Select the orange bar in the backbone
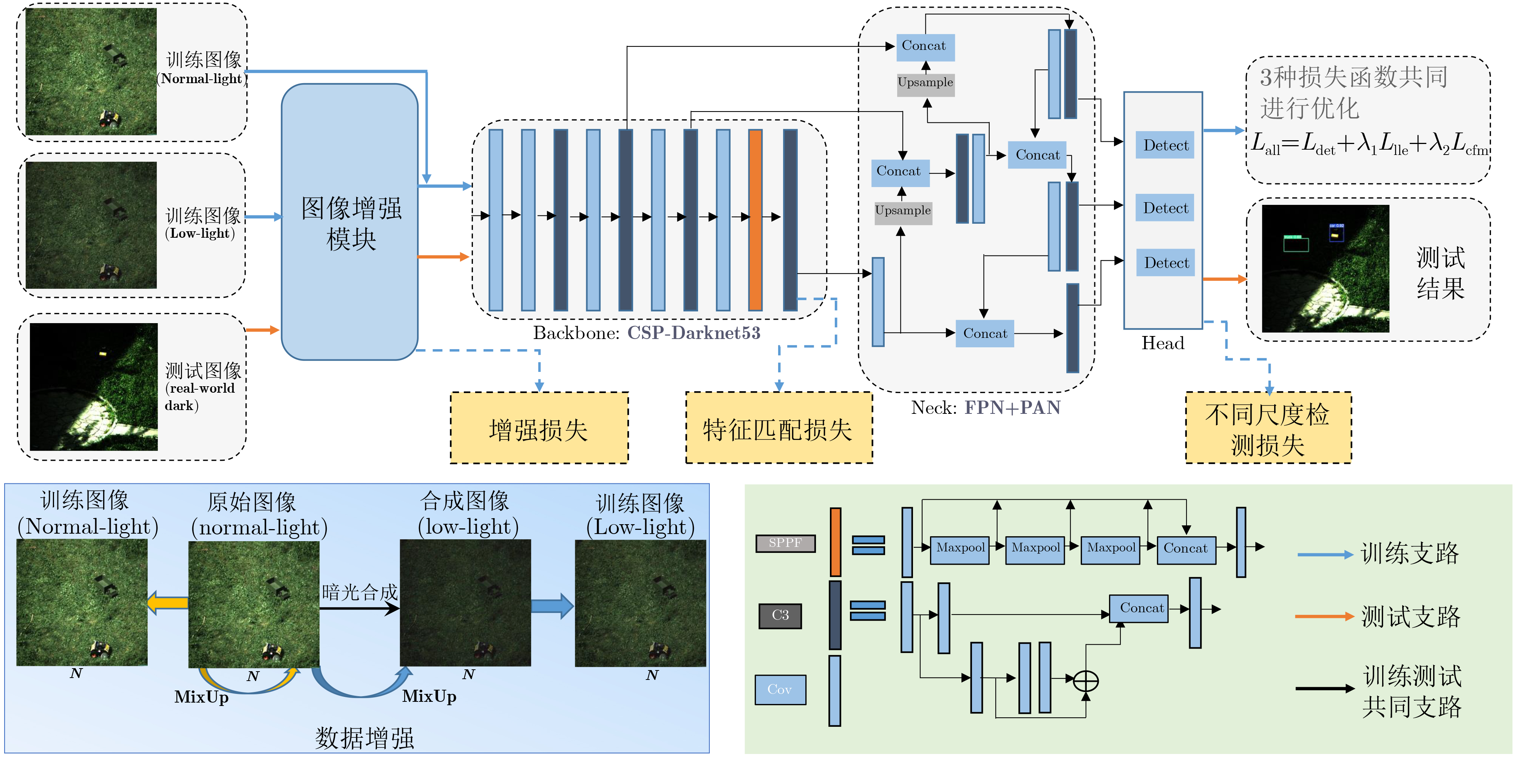[755, 219]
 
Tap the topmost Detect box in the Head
[1165, 146]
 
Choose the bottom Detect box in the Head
[1165, 263]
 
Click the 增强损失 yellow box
[539, 428]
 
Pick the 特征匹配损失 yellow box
[779, 428]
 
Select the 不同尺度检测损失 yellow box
[1268, 428]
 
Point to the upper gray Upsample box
[925, 82]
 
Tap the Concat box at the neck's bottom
[985, 333]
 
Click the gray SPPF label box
[785, 543]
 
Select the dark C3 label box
[780, 616]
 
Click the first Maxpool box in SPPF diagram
[959, 548]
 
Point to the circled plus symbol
[1085, 681]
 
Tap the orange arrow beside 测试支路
[1324, 616]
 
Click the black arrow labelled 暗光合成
[359, 608]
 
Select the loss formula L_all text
[1369, 144]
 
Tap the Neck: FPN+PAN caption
[985, 408]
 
